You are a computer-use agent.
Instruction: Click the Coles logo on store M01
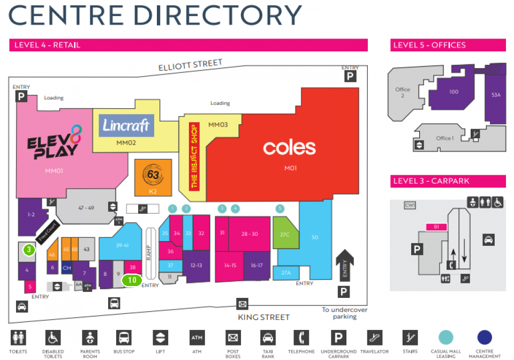tap(289, 147)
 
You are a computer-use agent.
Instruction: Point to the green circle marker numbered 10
tap(132, 280)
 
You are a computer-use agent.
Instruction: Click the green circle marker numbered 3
tap(29, 249)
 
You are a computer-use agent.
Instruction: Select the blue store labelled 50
tap(314, 237)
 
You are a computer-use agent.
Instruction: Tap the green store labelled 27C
tap(284, 234)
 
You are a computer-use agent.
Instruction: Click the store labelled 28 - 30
tap(250, 234)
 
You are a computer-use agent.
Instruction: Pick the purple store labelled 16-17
tap(256, 265)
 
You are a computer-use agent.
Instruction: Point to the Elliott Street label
tap(190, 65)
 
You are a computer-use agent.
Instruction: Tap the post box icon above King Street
tap(243, 304)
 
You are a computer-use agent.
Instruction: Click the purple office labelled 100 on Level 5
tap(453, 92)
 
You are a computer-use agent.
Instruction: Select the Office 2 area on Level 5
tap(403, 93)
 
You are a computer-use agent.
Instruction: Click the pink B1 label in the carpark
tap(436, 227)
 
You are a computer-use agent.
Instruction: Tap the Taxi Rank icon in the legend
tap(267, 338)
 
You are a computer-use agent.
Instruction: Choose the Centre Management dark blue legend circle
tap(484, 337)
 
